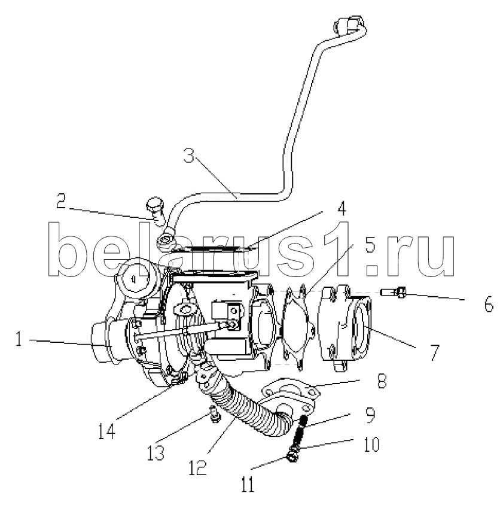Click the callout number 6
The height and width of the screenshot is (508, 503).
pos(489,304)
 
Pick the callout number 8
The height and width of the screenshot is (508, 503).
pos(382,381)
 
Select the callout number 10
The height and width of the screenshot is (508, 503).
pos(371,444)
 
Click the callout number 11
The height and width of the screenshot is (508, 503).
pos(248,484)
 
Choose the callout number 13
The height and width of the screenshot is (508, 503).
pos(156,452)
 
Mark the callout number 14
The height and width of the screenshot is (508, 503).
pos(106,431)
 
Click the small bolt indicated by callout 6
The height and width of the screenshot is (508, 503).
pos(393,293)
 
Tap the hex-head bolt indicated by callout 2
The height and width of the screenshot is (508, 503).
pos(156,210)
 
